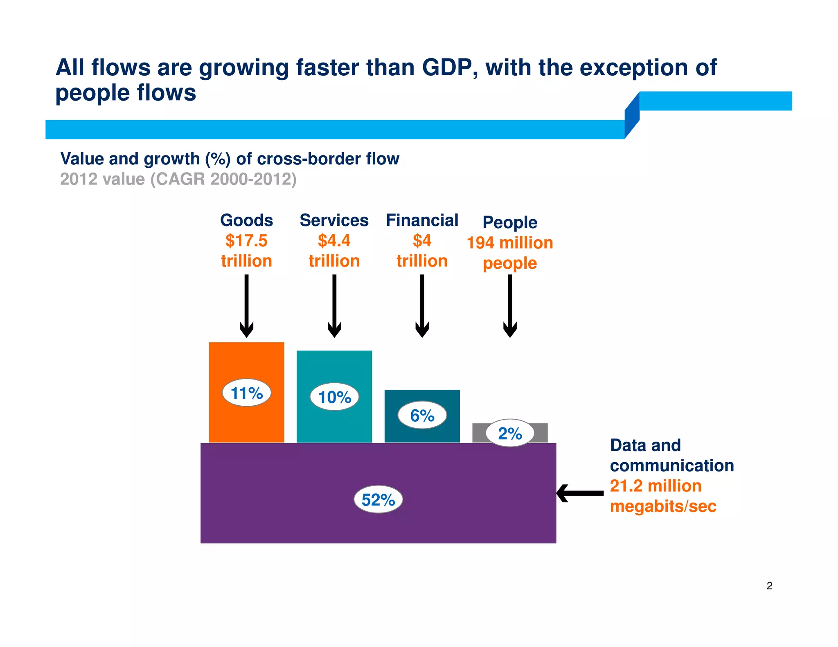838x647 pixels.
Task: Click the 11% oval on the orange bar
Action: click(x=246, y=393)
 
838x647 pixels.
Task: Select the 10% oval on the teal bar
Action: click(x=334, y=397)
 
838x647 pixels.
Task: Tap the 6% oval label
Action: click(x=422, y=415)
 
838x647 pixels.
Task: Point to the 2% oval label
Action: click(x=510, y=433)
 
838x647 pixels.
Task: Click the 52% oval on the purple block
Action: click(x=378, y=499)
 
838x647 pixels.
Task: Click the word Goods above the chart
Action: click(x=246, y=220)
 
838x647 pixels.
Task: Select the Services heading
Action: click(x=334, y=220)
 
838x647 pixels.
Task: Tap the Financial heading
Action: click(x=422, y=220)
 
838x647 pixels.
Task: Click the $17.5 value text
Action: click(x=246, y=240)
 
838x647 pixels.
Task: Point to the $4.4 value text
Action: click(x=334, y=240)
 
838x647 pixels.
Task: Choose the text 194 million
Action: click(x=510, y=243)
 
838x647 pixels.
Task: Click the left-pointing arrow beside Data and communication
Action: click(x=579, y=493)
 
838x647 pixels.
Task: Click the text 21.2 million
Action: click(x=656, y=486)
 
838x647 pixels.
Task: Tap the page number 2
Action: click(x=769, y=586)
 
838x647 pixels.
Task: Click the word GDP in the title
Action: click(x=449, y=67)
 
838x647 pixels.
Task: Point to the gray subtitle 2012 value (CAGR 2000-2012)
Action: click(x=178, y=179)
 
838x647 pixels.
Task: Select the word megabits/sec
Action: click(x=663, y=506)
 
